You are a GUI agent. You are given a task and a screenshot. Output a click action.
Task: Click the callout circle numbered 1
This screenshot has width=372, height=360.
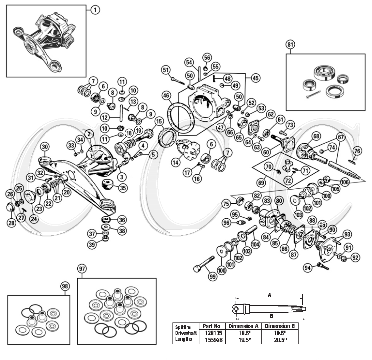point(95,10)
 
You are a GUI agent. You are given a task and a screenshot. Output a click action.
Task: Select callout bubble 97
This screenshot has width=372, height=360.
point(82,269)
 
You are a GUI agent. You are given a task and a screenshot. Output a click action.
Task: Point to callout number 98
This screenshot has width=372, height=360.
point(65,286)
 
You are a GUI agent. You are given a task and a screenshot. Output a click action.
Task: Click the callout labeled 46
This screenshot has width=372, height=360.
point(166,96)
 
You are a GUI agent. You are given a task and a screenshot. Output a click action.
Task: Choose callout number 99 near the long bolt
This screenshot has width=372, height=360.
point(213,276)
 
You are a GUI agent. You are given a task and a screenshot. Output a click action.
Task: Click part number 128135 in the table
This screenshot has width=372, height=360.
point(211,333)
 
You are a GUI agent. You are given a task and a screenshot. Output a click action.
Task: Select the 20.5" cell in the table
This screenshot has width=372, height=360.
point(280,340)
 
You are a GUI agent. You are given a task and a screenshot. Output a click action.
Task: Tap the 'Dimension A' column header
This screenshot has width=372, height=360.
point(243,326)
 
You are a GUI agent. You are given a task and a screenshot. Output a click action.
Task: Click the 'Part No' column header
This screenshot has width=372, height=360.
point(211,326)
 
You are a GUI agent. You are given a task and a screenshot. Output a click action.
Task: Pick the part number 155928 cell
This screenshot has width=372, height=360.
point(211,340)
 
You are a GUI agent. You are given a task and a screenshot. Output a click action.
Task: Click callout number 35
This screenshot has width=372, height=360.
point(123,188)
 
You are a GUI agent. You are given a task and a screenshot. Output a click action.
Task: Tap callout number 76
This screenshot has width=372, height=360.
point(357,151)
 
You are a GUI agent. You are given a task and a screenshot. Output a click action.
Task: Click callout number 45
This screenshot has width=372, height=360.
point(256,78)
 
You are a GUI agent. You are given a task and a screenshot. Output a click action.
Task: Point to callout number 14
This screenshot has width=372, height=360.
point(176,162)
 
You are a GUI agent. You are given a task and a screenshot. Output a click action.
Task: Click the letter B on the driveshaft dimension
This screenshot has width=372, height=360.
point(271,316)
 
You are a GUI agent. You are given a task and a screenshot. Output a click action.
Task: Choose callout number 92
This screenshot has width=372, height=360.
point(356,258)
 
